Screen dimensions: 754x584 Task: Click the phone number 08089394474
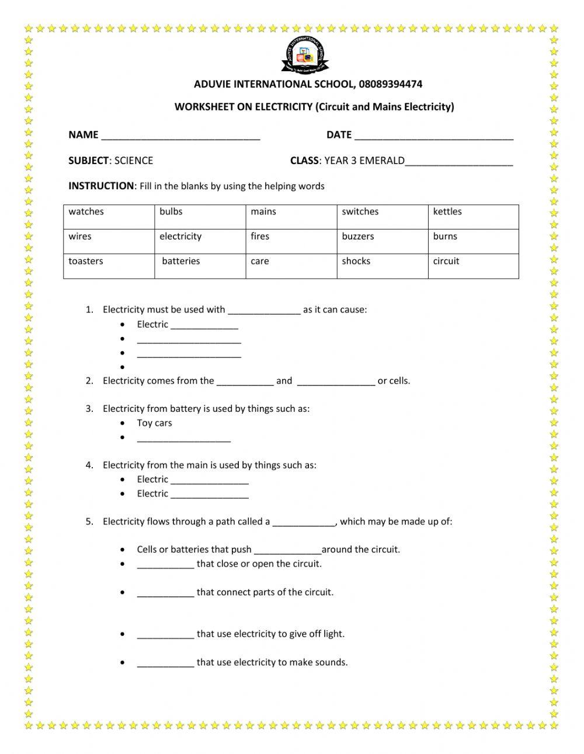391,84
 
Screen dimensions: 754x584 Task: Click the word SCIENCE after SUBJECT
134,161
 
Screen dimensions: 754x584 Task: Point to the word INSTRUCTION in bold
101,186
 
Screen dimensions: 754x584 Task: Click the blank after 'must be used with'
264,311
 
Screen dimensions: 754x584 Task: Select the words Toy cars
154,423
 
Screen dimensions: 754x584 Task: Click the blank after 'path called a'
304,523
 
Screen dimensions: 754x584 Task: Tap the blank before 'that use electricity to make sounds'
165,663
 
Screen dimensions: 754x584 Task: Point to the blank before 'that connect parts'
165,593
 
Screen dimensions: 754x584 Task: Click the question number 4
89,465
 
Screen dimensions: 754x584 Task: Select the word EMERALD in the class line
381,161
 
